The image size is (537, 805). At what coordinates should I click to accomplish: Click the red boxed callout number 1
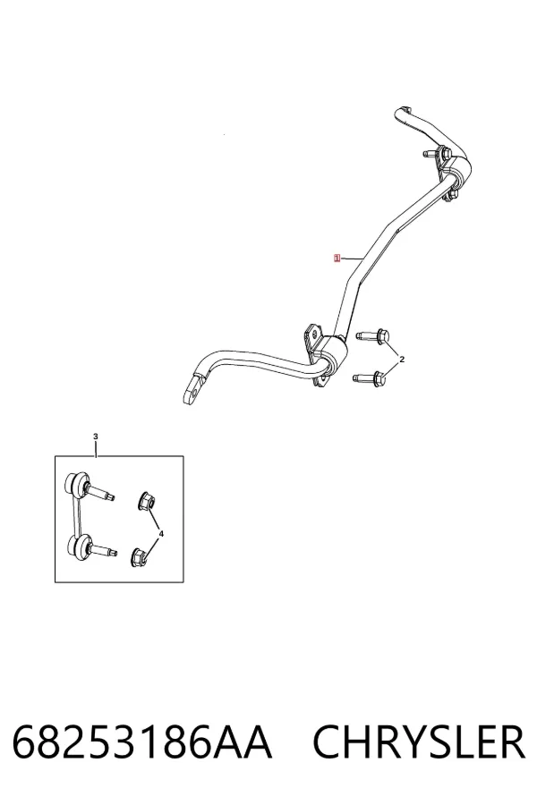point(337,258)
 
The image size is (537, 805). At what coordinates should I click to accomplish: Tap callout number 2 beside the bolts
point(402,360)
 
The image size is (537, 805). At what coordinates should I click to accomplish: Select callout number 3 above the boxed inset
point(96,436)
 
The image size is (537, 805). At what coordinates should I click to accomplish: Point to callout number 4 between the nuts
point(161,534)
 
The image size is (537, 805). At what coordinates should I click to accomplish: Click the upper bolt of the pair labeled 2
point(373,335)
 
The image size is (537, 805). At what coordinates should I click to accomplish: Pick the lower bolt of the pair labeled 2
point(370,379)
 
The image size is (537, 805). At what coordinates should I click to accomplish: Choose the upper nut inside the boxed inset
point(147,501)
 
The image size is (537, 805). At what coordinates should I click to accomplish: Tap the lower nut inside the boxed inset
point(140,557)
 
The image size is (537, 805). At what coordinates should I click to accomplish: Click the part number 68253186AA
point(141,742)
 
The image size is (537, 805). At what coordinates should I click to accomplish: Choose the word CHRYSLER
point(419,742)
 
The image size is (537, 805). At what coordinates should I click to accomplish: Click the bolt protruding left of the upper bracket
point(430,154)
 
